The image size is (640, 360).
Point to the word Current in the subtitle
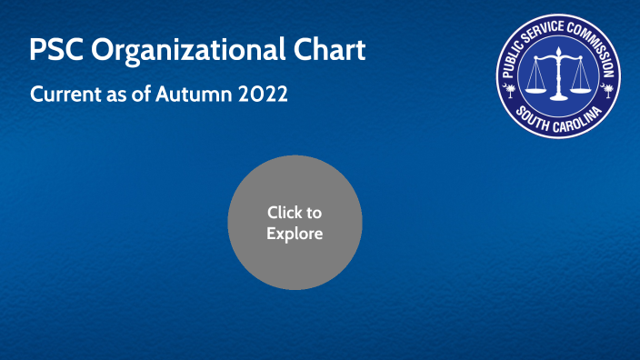click(x=62, y=94)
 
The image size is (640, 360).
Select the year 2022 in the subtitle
click(x=263, y=94)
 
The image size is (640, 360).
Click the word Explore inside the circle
click(x=295, y=234)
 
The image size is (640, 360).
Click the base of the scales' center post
click(x=560, y=98)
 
